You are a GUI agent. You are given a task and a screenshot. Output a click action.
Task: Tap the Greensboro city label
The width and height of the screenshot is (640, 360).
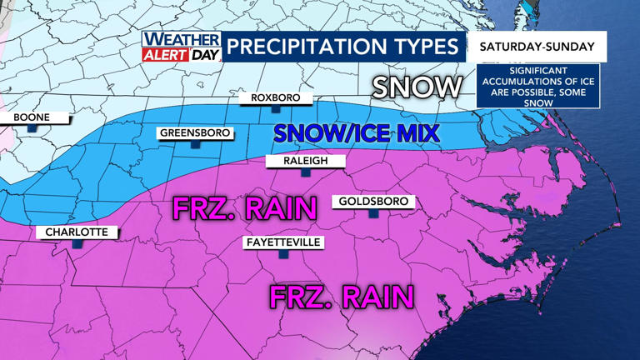[195, 133]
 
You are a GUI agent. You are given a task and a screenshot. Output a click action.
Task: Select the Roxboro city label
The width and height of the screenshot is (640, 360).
[275, 98]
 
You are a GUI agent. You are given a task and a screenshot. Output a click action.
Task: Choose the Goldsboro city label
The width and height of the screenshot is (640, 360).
[373, 202]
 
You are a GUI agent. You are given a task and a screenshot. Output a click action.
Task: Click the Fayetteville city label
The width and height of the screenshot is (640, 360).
[282, 242]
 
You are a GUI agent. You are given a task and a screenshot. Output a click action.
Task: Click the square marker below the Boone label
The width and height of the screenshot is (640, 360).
[31, 129]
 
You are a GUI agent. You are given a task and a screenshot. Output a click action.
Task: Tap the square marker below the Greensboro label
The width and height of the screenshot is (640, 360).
[195, 144]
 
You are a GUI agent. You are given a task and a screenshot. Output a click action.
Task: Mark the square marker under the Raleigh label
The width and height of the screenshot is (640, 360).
[306, 172]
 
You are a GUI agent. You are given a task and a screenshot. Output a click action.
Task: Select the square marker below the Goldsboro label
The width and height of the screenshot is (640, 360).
[373, 213]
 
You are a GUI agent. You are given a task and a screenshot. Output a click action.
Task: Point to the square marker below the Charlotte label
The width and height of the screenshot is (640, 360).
[77, 244]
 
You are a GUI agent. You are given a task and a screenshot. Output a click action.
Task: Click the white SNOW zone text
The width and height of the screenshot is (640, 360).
[417, 87]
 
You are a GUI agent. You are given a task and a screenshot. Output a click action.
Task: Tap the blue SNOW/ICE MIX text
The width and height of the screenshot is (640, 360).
[356, 133]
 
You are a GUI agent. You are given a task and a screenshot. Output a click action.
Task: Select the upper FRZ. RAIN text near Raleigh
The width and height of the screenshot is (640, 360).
[244, 208]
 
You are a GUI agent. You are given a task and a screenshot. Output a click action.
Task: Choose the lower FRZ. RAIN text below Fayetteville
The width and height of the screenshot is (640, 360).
[342, 296]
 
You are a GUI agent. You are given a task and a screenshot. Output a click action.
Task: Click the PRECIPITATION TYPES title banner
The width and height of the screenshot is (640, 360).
[342, 47]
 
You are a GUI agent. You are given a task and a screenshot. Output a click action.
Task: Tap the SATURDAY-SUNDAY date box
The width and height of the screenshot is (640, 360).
[537, 47]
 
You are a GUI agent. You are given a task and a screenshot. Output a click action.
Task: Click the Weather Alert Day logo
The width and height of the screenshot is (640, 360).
[181, 47]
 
